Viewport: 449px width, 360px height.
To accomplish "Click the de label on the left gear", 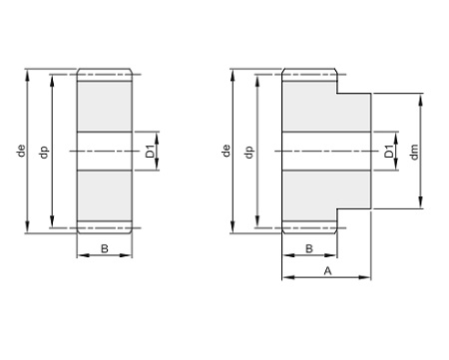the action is click(x=21, y=151).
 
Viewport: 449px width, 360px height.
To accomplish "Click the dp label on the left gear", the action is click(x=44, y=152).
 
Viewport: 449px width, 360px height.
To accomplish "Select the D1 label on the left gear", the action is click(x=151, y=152).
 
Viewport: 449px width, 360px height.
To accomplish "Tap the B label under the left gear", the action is click(x=105, y=248).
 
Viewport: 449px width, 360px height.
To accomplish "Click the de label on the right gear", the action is click(x=226, y=151).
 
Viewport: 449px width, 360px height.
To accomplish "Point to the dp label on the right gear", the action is click(x=249, y=152).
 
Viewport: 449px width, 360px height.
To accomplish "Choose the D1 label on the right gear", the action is click(x=389, y=152).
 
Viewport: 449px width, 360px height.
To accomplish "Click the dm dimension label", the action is click(x=414, y=152).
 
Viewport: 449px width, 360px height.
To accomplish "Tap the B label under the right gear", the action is click(x=309, y=248).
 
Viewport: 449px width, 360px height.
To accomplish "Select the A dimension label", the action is click(x=328, y=271).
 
